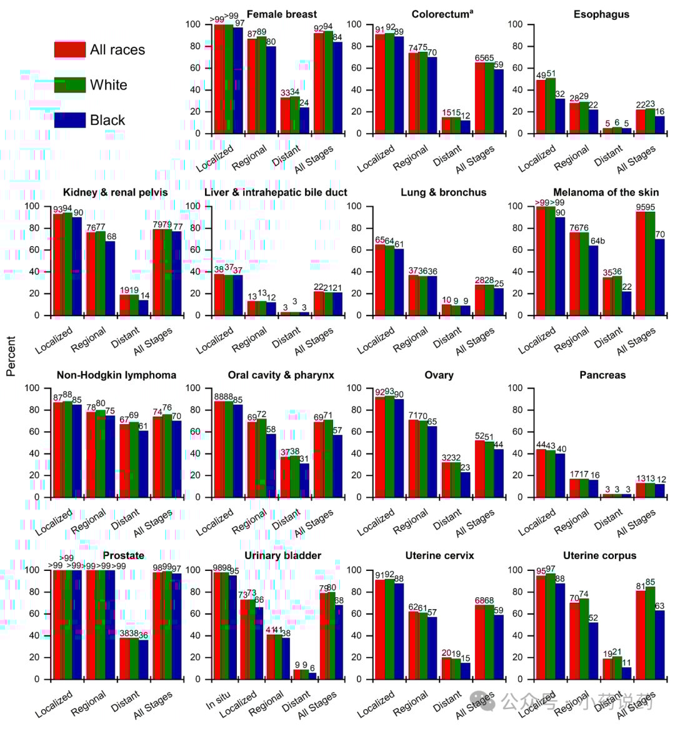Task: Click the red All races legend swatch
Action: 69,50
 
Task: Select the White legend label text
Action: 108,85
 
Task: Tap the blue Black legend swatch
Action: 69,120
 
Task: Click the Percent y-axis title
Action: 11,356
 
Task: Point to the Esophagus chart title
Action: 601,14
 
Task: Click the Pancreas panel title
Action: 602,375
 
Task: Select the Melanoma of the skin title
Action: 605,192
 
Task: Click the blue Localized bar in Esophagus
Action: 560,116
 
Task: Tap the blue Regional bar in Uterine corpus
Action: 593,650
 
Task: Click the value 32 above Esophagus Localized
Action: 560,94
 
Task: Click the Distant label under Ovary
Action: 447,518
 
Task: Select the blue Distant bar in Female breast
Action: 304,120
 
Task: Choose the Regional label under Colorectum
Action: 410,158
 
